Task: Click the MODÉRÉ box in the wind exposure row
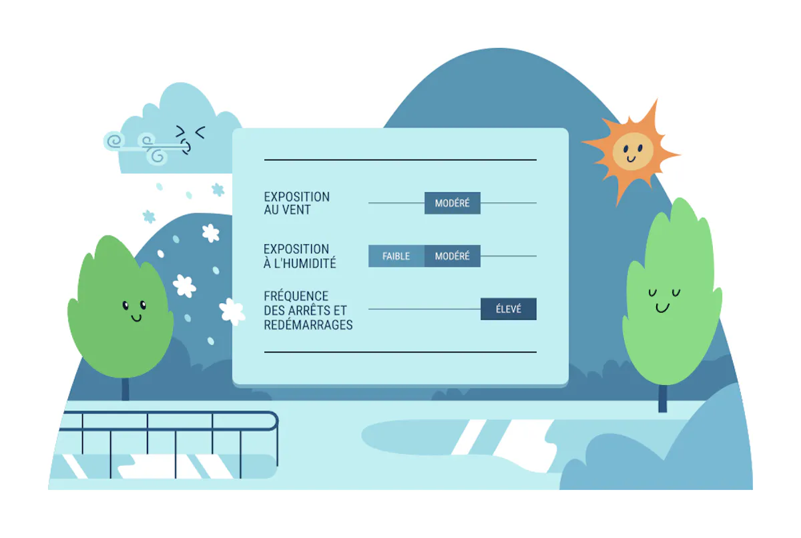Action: coord(453,203)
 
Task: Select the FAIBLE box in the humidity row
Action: coord(396,256)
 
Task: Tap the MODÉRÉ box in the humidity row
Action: coord(453,256)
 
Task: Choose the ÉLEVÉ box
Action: coord(509,309)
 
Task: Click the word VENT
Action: coord(297,210)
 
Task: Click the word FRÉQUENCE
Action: coord(296,296)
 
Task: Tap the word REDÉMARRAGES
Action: coord(308,325)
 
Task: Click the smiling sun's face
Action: coord(633,152)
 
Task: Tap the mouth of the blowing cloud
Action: coord(186,148)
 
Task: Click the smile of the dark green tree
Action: coord(136,318)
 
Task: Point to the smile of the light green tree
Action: coord(662,308)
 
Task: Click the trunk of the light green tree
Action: coord(663,398)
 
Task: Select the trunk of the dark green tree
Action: coord(125,389)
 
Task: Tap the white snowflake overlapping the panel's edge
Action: coord(232,312)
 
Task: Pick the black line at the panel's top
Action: coord(400,160)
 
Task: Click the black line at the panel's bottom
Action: coord(400,352)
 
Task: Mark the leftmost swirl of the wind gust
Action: coord(114,141)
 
